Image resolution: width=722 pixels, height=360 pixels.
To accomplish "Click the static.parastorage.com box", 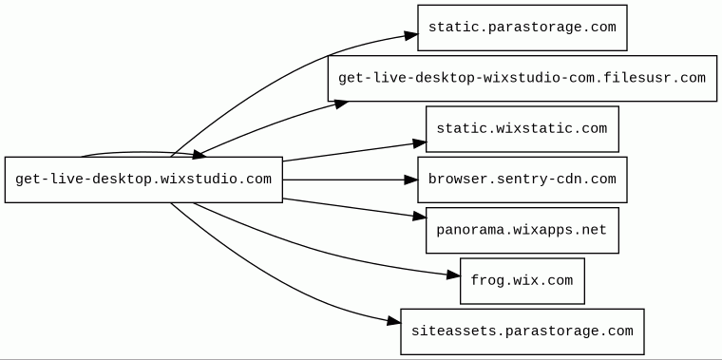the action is pyautogui.click(x=522, y=28).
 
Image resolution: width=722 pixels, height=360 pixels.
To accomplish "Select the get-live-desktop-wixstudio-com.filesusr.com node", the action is pyautogui.click(x=522, y=78).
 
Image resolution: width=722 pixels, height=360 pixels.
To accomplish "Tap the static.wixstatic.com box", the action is pyautogui.click(x=522, y=129).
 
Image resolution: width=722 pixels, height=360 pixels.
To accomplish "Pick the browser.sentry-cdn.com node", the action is pyautogui.click(x=522, y=180).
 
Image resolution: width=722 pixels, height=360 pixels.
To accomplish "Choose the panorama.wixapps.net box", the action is pyautogui.click(x=522, y=230).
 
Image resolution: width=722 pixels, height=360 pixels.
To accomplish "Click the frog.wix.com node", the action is pyautogui.click(x=522, y=281).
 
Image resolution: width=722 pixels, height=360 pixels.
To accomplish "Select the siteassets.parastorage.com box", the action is pyautogui.click(x=522, y=332).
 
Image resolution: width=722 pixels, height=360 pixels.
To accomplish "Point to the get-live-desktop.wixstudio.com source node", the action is pyautogui.click(x=143, y=180).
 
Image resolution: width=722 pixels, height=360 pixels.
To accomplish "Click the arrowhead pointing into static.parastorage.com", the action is pyautogui.click(x=411, y=35).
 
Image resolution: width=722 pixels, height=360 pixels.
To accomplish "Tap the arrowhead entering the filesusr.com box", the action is pyautogui.click(x=341, y=104).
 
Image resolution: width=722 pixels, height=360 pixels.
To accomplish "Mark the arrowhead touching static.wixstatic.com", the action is pyautogui.click(x=420, y=143).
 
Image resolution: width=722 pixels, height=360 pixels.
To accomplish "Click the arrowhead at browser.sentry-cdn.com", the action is pyautogui.click(x=410, y=180).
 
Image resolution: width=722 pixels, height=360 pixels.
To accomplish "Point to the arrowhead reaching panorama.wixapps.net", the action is pyautogui.click(x=420, y=216).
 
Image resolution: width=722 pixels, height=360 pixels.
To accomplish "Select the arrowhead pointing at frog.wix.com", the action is pyautogui.click(x=453, y=275).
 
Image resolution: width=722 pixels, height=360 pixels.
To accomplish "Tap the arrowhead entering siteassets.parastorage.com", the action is pyautogui.click(x=394, y=321).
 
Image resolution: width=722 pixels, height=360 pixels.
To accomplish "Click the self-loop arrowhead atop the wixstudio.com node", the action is pyautogui.click(x=199, y=155).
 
